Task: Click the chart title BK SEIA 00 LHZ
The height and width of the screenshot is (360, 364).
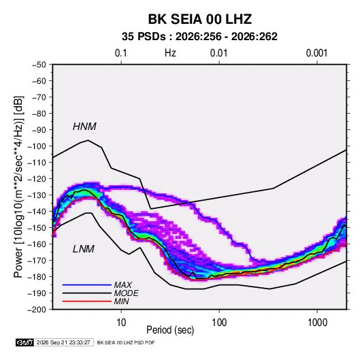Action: (200, 19)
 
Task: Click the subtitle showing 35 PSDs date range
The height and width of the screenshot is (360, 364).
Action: (199, 37)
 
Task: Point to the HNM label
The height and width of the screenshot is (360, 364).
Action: (84, 127)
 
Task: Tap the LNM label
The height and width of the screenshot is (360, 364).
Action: (84, 249)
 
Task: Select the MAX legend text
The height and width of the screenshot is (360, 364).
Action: (122, 285)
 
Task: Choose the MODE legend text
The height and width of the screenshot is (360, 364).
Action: (126, 293)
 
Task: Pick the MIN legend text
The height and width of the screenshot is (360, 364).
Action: (121, 301)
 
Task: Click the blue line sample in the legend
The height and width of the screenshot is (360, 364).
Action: (87, 285)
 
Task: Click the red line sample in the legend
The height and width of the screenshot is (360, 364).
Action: (87, 301)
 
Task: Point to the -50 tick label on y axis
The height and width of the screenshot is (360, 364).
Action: (39, 65)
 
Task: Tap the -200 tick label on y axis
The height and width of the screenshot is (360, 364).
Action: (37, 310)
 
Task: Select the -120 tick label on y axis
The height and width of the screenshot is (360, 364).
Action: (37, 179)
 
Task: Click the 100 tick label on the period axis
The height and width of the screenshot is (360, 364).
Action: (219, 323)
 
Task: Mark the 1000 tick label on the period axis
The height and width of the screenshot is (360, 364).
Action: (317, 323)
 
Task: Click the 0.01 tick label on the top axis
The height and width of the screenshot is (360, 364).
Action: (218, 53)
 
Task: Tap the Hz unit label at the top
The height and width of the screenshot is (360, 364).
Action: (170, 53)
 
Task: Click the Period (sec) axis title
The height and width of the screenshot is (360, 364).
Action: (170, 330)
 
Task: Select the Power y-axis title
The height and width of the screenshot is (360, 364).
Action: (18, 186)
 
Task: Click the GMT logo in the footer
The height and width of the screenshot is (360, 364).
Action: (24, 342)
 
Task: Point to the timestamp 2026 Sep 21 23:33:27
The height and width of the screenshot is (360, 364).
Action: (63, 342)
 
